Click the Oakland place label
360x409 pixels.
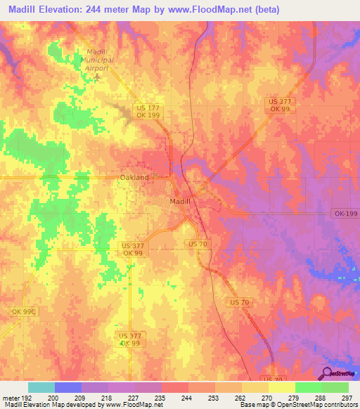[134, 178]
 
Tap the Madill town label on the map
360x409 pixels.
[180, 201]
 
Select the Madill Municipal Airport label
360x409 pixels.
[97, 60]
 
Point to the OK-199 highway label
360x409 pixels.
[342, 213]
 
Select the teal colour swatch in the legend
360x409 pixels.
[41, 387]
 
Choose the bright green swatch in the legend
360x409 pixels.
[309, 387]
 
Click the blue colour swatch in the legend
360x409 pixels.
[68, 387]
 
